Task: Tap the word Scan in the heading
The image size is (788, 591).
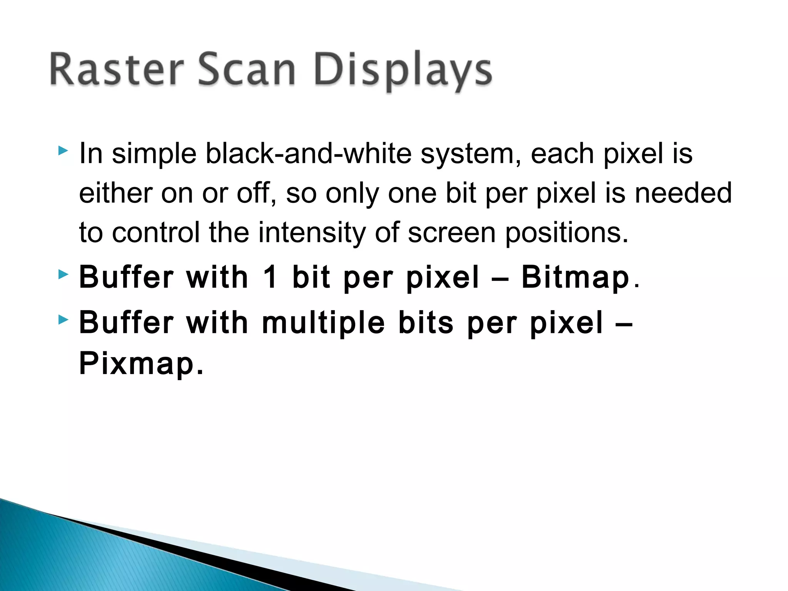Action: click(246, 70)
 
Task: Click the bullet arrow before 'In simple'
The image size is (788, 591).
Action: click(63, 150)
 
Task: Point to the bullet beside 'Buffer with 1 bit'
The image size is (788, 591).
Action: click(63, 274)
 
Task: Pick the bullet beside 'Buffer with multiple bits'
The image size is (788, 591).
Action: click(63, 319)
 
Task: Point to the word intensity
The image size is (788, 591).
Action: click(312, 233)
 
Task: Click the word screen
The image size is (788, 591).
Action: click(452, 233)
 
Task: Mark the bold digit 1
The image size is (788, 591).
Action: click(270, 277)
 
